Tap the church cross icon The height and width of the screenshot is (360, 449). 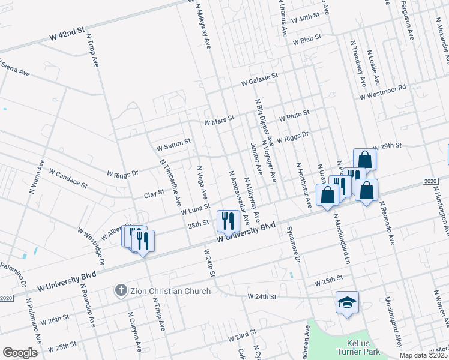coord(121,291)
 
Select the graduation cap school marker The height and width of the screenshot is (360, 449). coord(347,302)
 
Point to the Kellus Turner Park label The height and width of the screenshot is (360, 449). coord(353,346)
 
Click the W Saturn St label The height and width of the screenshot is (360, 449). coord(173,144)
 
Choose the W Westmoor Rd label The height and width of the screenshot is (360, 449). coord(383,92)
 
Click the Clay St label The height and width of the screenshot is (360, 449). coord(154,194)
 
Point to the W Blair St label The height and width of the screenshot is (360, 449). coord(307,39)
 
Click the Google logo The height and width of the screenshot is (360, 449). coord(20,353)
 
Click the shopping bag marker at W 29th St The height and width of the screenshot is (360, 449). coord(364,160)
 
